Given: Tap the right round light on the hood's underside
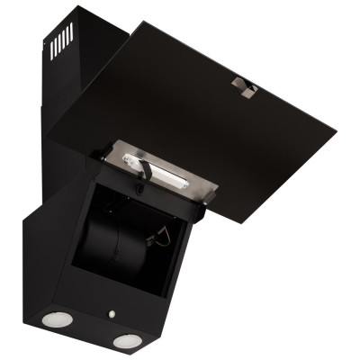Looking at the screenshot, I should click(x=127, y=341).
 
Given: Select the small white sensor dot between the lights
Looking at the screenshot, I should click(x=110, y=315).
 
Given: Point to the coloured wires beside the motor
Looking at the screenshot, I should click(x=162, y=238).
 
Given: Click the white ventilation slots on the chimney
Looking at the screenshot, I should click(x=61, y=40).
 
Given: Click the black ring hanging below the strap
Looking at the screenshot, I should click(x=141, y=187).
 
